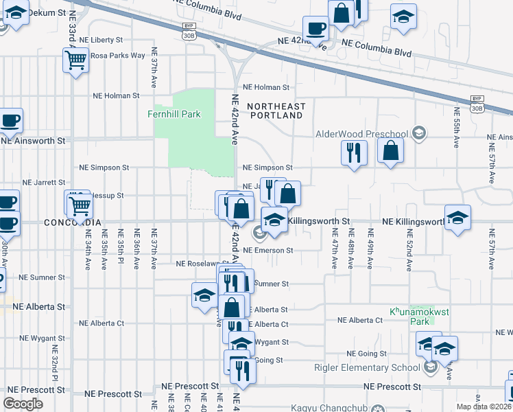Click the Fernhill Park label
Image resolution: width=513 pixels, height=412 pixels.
[174, 114]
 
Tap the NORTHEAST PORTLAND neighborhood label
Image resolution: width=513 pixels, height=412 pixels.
[276, 111]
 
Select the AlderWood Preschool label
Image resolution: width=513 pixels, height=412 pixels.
[361, 134]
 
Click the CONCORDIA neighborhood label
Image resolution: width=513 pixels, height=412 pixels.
[73, 222]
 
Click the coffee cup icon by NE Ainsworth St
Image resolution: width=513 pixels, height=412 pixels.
[10, 122]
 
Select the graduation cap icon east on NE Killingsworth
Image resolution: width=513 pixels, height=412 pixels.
[457, 218]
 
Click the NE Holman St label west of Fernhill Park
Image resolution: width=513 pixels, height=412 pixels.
[117, 96]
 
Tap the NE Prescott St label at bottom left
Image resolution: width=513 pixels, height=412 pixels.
[113, 395]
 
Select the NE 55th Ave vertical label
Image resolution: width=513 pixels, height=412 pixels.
[456, 128]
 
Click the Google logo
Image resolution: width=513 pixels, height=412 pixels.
[23, 404]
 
